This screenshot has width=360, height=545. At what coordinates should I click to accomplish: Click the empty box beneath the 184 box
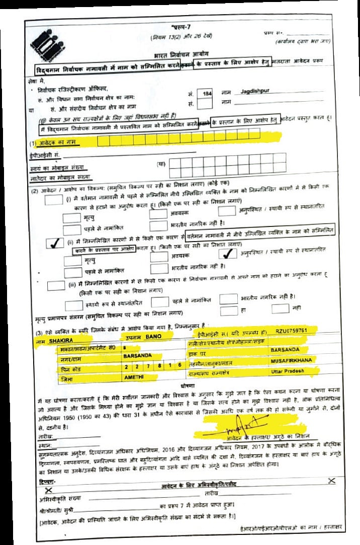[205, 104]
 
